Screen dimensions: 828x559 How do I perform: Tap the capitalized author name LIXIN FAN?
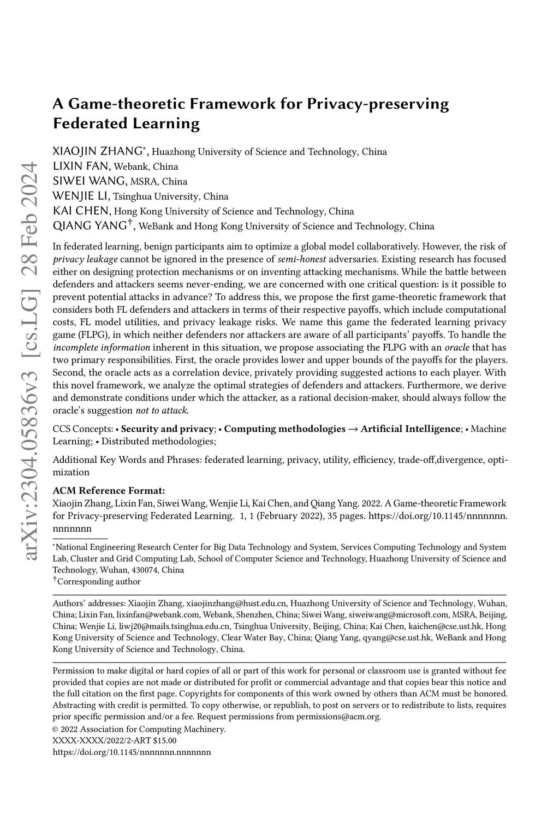(81, 166)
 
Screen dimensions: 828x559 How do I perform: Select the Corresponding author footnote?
(98, 582)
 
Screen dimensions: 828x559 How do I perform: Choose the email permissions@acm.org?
(338, 717)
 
